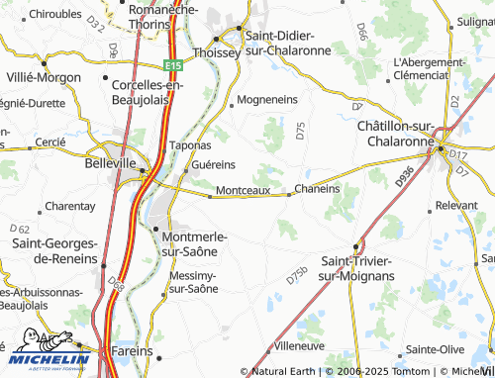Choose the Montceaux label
click(x=243, y=189)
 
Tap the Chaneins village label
click(x=317, y=188)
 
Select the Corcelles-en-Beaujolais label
click(x=149, y=91)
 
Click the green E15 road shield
click(x=174, y=65)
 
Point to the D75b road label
click(x=296, y=276)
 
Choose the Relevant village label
click(x=456, y=205)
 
